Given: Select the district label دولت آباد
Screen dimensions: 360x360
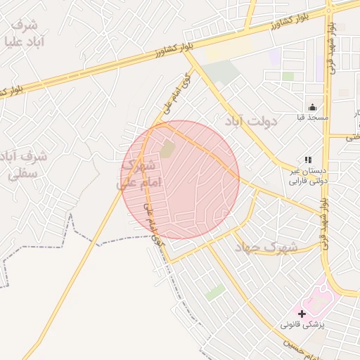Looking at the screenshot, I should click(x=251, y=121).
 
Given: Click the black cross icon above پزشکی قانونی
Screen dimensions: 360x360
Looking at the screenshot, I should click(x=302, y=314).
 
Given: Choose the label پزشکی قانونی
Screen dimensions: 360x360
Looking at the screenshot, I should click(x=303, y=325).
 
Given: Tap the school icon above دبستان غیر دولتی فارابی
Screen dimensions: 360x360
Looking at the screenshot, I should click(x=307, y=160).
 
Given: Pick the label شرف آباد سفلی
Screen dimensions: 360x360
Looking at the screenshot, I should click(x=24, y=165).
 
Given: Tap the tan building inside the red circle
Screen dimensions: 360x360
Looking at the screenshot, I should click(x=167, y=149).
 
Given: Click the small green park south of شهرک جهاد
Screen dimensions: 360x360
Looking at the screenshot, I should click(x=215, y=291).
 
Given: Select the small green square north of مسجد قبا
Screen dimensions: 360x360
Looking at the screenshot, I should click(x=288, y=76).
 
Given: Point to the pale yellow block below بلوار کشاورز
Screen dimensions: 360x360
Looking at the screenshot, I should click(x=229, y=48).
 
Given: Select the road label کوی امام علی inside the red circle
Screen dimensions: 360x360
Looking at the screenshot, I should click(x=155, y=224).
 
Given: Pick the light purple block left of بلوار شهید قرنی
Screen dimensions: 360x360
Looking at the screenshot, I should click(x=274, y=56).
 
